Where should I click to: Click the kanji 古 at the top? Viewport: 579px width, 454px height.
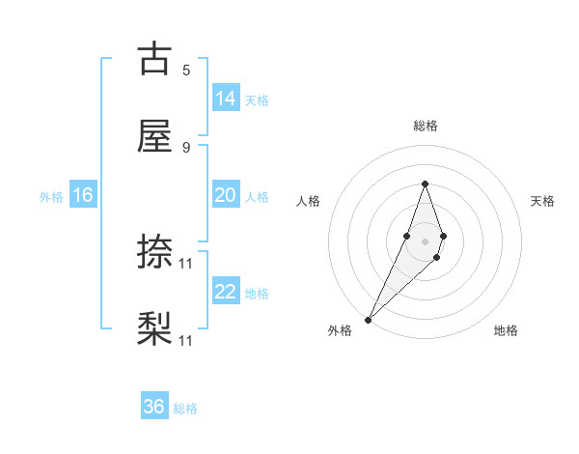[154, 59]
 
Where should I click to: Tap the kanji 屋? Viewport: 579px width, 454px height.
[154, 137]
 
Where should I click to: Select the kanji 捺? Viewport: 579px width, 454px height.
[154, 254]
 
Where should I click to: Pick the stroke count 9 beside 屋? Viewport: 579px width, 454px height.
[186, 147]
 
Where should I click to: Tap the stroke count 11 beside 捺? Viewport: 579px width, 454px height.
[186, 263]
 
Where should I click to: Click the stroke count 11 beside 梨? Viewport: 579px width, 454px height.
[186, 340]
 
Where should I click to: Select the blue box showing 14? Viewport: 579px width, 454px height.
[226, 99]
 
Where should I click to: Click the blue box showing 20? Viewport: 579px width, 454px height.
[226, 195]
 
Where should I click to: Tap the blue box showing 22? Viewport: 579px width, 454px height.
[226, 292]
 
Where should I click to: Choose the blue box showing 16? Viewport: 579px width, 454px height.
[83, 195]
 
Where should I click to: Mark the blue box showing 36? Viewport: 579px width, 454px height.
[154, 407]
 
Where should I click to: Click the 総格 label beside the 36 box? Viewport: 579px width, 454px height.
[185, 409]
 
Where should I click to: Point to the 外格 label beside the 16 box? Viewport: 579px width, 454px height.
[51, 197]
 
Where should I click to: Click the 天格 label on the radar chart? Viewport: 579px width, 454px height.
[542, 201]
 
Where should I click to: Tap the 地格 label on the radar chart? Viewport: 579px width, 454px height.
[506, 330]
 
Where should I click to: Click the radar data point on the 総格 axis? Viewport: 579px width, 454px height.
[425, 184]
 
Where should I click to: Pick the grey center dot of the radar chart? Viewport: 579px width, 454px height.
[425, 240]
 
